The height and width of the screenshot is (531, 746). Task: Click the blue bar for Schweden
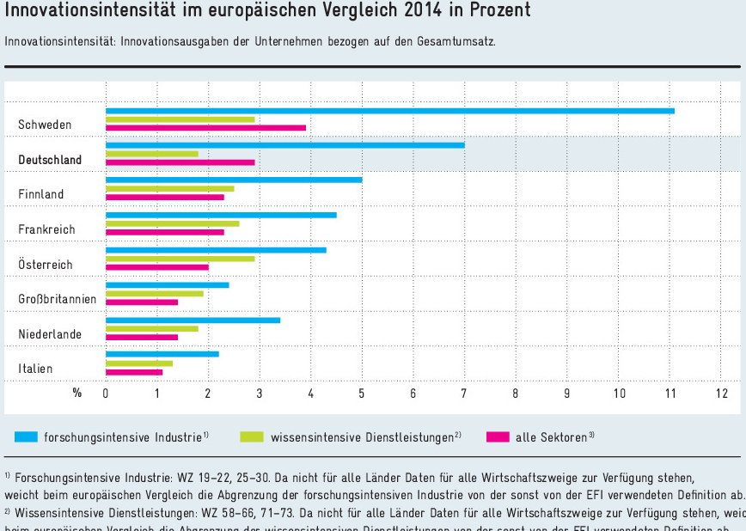coord(389,110)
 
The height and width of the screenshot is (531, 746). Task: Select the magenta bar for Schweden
coord(205,127)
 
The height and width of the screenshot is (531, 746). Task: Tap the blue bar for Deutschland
coord(284,145)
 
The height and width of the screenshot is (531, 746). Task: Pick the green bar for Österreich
coord(180,258)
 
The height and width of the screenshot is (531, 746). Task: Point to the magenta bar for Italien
coord(133,372)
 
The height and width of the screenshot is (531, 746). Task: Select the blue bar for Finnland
coord(234,180)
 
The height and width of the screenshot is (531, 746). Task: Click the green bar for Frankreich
coord(172,223)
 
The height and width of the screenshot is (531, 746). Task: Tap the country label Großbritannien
coord(57,299)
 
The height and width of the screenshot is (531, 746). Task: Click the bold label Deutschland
coord(50,160)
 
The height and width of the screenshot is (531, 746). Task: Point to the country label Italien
coord(35,369)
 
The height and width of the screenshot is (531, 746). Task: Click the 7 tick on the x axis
coord(464,394)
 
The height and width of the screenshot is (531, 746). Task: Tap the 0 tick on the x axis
coord(106,394)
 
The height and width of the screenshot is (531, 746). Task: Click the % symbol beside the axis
coord(76,393)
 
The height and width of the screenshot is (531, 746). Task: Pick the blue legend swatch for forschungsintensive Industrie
coord(26,436)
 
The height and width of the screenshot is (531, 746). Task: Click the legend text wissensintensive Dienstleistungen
coord(362,437)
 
